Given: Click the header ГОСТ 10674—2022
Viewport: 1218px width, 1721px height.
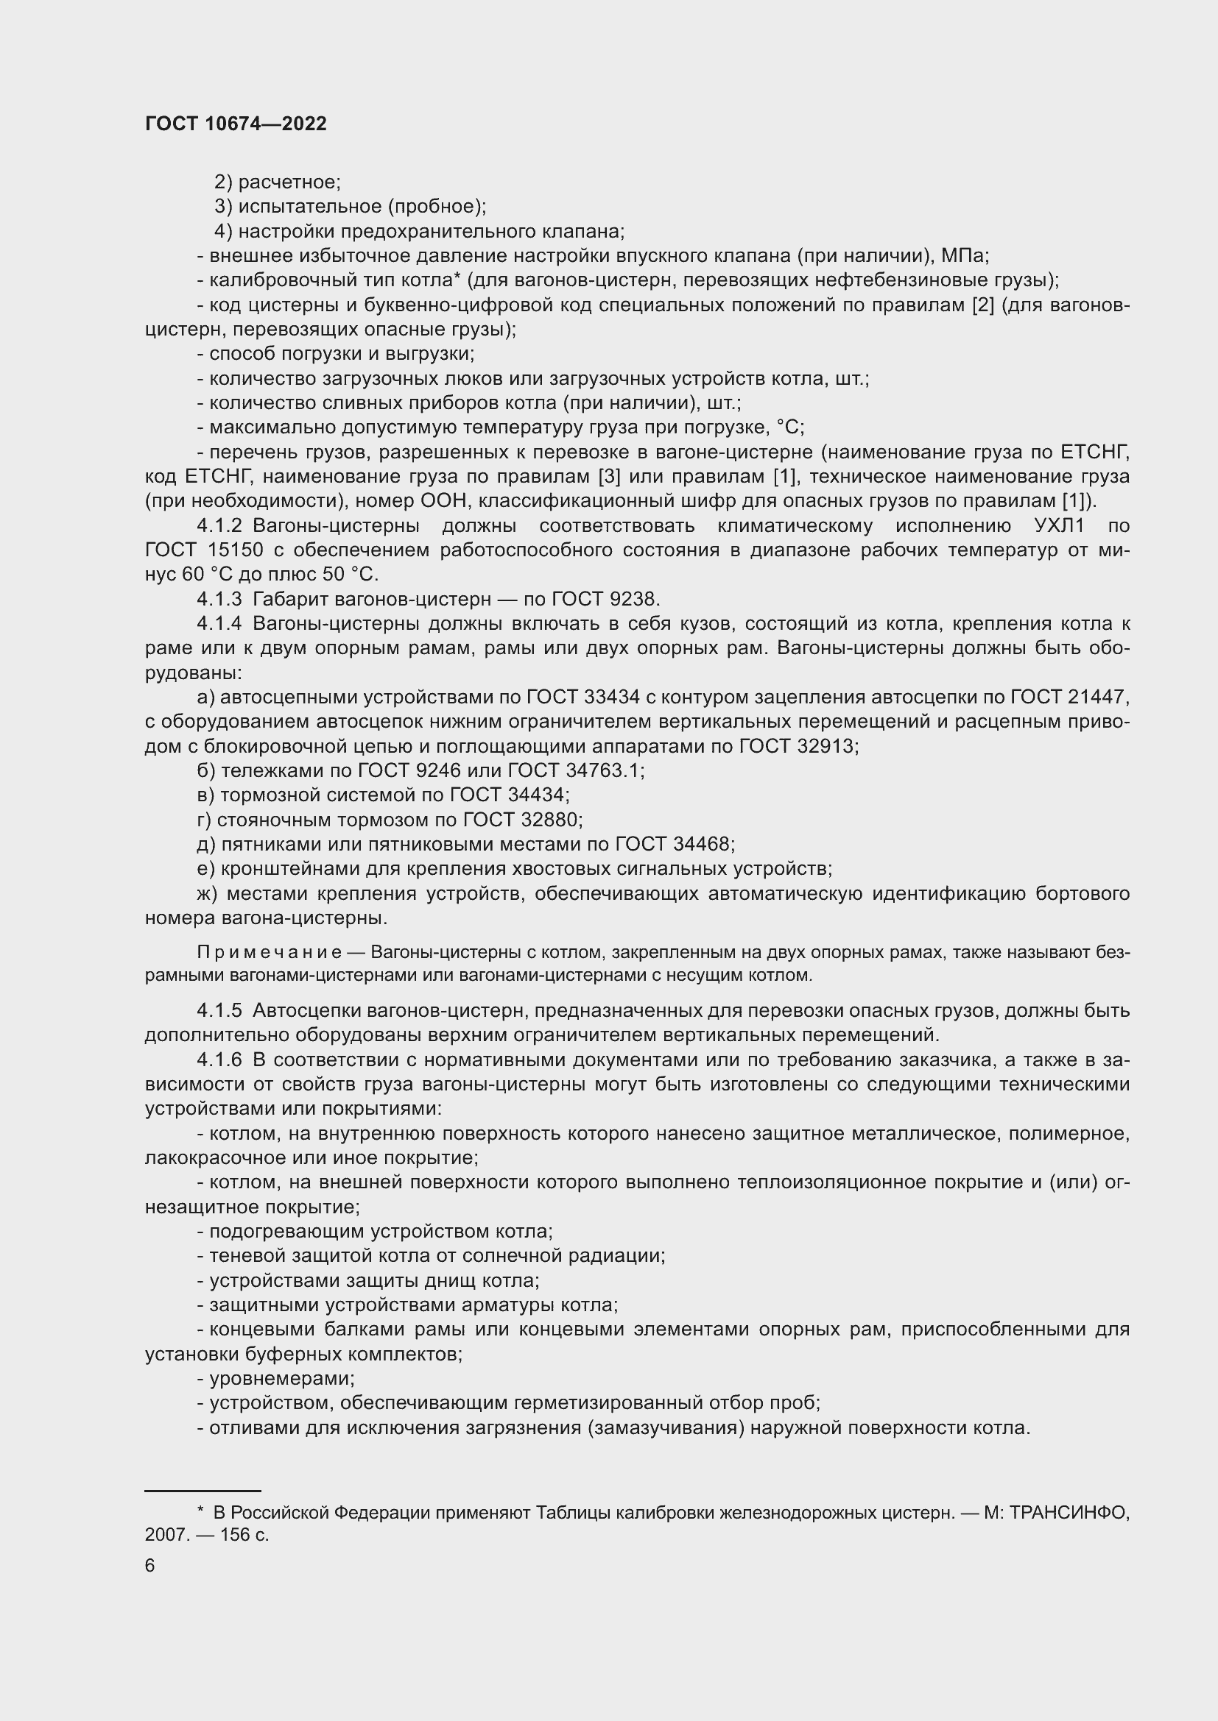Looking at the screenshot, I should tap(236, 124).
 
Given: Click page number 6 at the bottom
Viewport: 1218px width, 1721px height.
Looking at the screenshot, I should tap(150, 1566).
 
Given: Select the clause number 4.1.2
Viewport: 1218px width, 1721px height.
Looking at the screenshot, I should tap(219, 526).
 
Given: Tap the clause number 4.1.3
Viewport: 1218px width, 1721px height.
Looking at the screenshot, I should tap(219, 600).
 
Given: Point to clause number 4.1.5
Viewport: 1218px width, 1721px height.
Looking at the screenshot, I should tap(219, 1011).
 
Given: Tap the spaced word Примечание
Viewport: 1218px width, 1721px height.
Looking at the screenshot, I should tap(270, 953).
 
